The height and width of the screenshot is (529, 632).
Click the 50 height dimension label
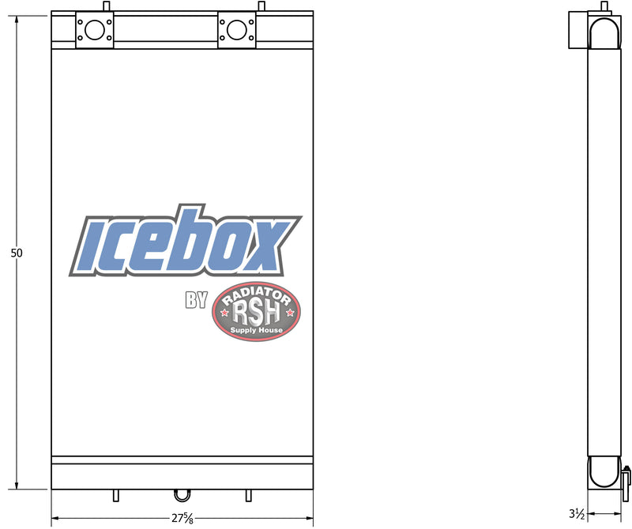(x=17, y=253)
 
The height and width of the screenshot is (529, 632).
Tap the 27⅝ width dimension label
(x=182, y=518)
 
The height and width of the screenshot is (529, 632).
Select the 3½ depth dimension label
(x=577, y=514)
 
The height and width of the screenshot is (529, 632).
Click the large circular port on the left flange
(x=95, y=29)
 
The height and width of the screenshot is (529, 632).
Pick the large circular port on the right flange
(x=236, y=29)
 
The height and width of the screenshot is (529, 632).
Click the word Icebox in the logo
(x=186, y=241)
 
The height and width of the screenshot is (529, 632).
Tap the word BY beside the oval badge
(x=196, y=300)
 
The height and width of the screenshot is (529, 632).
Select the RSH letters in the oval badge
(x=256, y=314)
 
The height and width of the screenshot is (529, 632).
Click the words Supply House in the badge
(x=256, y=330)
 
